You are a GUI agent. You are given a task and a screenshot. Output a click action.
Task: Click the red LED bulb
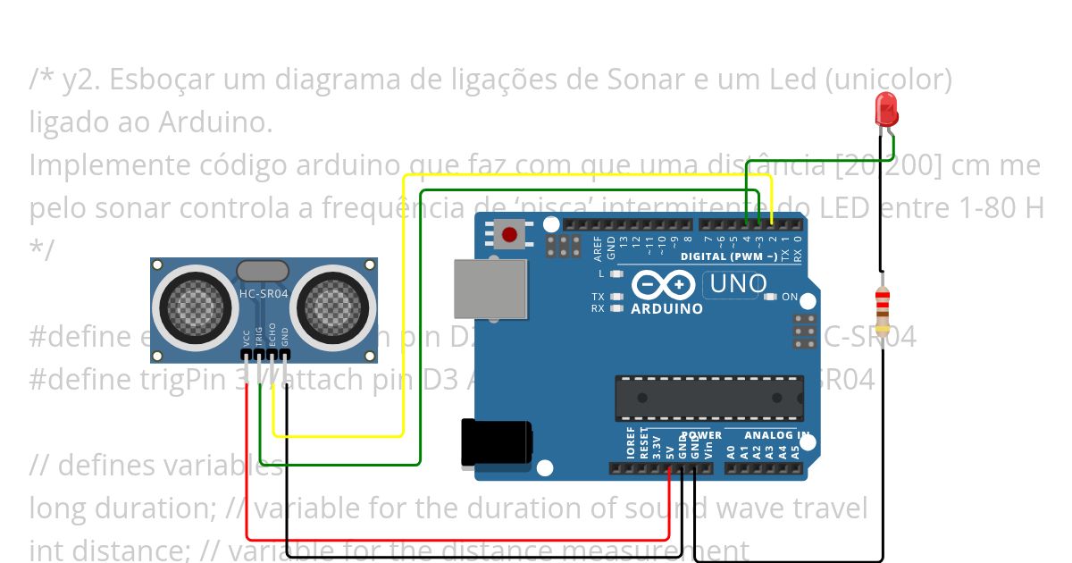[887, 108]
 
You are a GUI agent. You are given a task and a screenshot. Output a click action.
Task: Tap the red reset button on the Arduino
[509, 235]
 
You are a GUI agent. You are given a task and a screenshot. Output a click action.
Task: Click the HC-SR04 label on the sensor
[263, 293]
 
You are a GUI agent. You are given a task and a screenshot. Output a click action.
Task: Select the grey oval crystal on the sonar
[263, 269]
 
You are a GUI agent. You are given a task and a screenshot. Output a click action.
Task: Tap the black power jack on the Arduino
[497, 442]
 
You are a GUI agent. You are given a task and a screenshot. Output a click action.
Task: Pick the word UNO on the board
[737, 284]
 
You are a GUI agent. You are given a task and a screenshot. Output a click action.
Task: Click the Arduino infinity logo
[663, 285]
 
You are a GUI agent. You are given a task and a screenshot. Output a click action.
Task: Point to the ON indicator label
[789, 297]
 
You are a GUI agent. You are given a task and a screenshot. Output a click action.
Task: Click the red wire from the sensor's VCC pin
[247, 465]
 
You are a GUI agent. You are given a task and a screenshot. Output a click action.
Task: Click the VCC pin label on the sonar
[246, 339]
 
